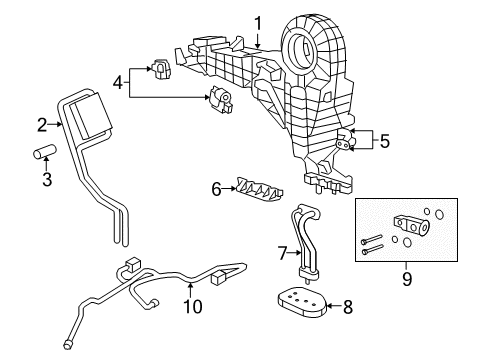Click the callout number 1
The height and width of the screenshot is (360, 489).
pos(257,22)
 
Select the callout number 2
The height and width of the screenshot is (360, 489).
pos(42,125)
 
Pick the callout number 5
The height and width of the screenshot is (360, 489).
pos(384,141)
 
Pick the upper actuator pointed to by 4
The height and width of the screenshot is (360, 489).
pos(161,71)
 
